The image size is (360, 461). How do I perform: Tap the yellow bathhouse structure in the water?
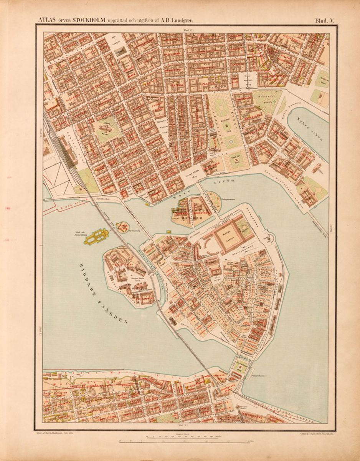97,236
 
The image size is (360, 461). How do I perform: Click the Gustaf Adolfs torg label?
188,173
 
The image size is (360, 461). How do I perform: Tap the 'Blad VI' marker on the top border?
188,30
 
